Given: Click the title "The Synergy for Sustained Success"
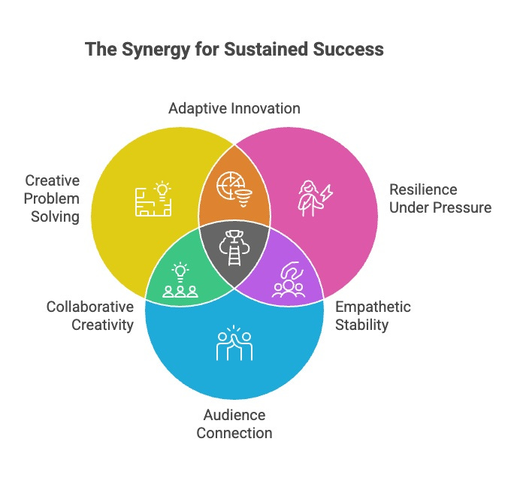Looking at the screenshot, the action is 234,50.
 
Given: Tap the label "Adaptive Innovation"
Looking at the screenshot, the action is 234,108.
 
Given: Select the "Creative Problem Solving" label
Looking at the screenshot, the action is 51,198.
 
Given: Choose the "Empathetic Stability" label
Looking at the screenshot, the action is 373,316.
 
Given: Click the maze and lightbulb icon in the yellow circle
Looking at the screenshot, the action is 154,198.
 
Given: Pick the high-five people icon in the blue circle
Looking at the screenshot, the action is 234,343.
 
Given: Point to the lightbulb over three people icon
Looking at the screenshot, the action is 180,280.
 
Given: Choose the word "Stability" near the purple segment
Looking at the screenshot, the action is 362,325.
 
